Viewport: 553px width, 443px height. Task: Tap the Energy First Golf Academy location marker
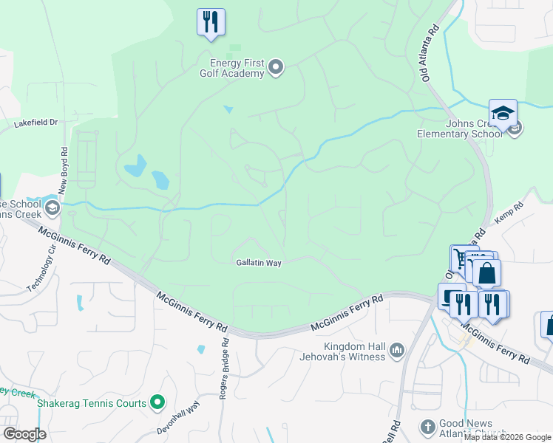276,68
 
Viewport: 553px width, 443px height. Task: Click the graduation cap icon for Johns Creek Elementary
503,113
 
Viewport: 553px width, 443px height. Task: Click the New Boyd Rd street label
63,165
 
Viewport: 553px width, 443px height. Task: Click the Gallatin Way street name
259,262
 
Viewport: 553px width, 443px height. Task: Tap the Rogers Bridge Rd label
224,368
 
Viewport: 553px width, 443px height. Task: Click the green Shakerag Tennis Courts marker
157,402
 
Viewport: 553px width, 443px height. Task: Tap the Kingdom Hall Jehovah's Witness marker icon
397,348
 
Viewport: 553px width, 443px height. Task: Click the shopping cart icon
461,258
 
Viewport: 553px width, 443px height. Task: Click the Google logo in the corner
24,434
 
